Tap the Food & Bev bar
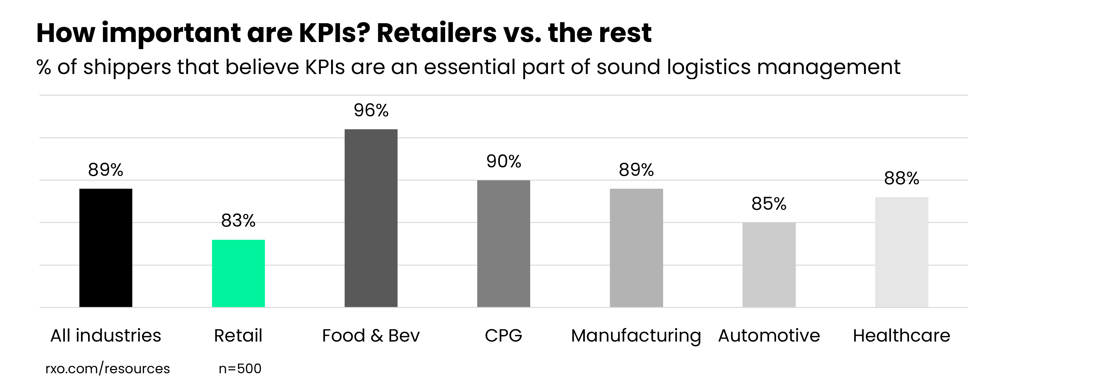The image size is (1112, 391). coord(371,218)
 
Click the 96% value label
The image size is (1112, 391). coord(371,111)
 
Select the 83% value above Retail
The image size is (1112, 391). coord(238,221)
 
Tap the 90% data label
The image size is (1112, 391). coord(503,162)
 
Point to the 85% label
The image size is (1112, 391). coord(769,204)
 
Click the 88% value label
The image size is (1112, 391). coord(901,178)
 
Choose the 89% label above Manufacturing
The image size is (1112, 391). coord(636,170)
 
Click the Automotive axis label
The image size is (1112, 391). coord(769,336)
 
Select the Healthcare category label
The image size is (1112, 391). coord(901,336)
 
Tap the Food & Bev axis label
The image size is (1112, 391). coord(371,336)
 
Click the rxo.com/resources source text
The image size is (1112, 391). coord(107,368)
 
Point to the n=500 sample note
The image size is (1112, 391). coord(240,368)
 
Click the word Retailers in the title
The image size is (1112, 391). coord(436,33)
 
